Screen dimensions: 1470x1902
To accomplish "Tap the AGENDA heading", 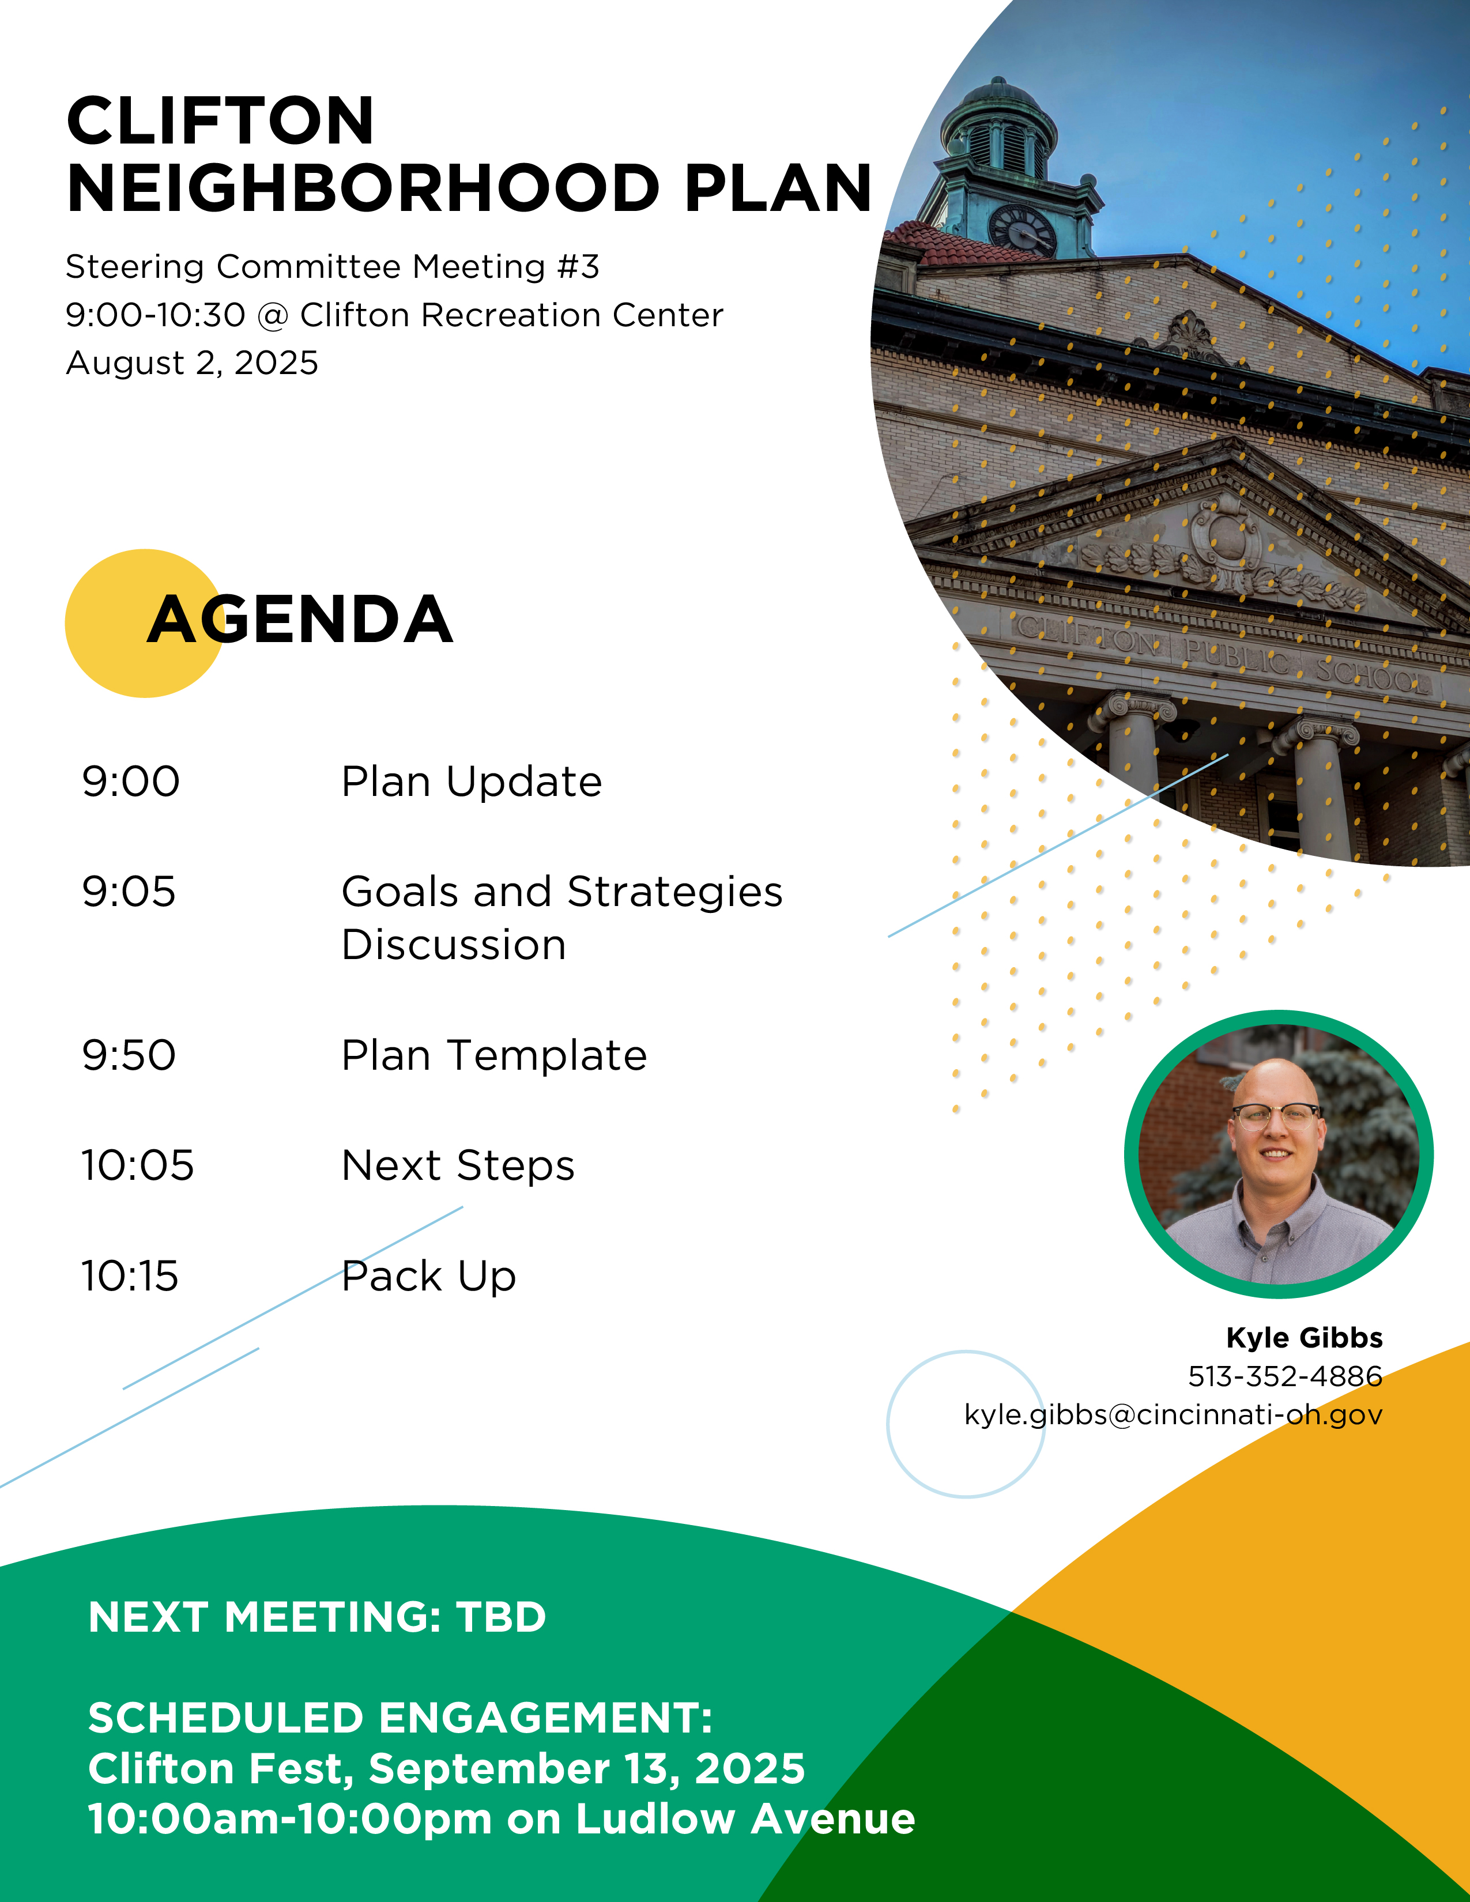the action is pyautogui.click(x=300, y=620).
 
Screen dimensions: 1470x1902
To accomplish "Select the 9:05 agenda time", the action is pyautogui.click(x=129, y=892).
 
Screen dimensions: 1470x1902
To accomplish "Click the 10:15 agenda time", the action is pyautogui.click(x=130, y=1276).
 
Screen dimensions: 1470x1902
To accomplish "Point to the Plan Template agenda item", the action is pyautogui.click(x=494, y=1055).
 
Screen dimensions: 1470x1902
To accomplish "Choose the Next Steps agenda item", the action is pyautogui.click(x=458, y=1166).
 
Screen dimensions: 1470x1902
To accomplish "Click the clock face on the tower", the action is pyautogui.click(x=1023, y=230).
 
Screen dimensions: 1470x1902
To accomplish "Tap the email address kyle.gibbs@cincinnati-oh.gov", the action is pyautogui.click(x=1173, y=1415).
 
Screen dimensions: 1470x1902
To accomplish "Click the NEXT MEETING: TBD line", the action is pyautogui.click(x=317, y=1617).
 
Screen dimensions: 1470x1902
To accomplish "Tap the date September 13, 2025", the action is pyautogui.click(x=587, y=1769).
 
